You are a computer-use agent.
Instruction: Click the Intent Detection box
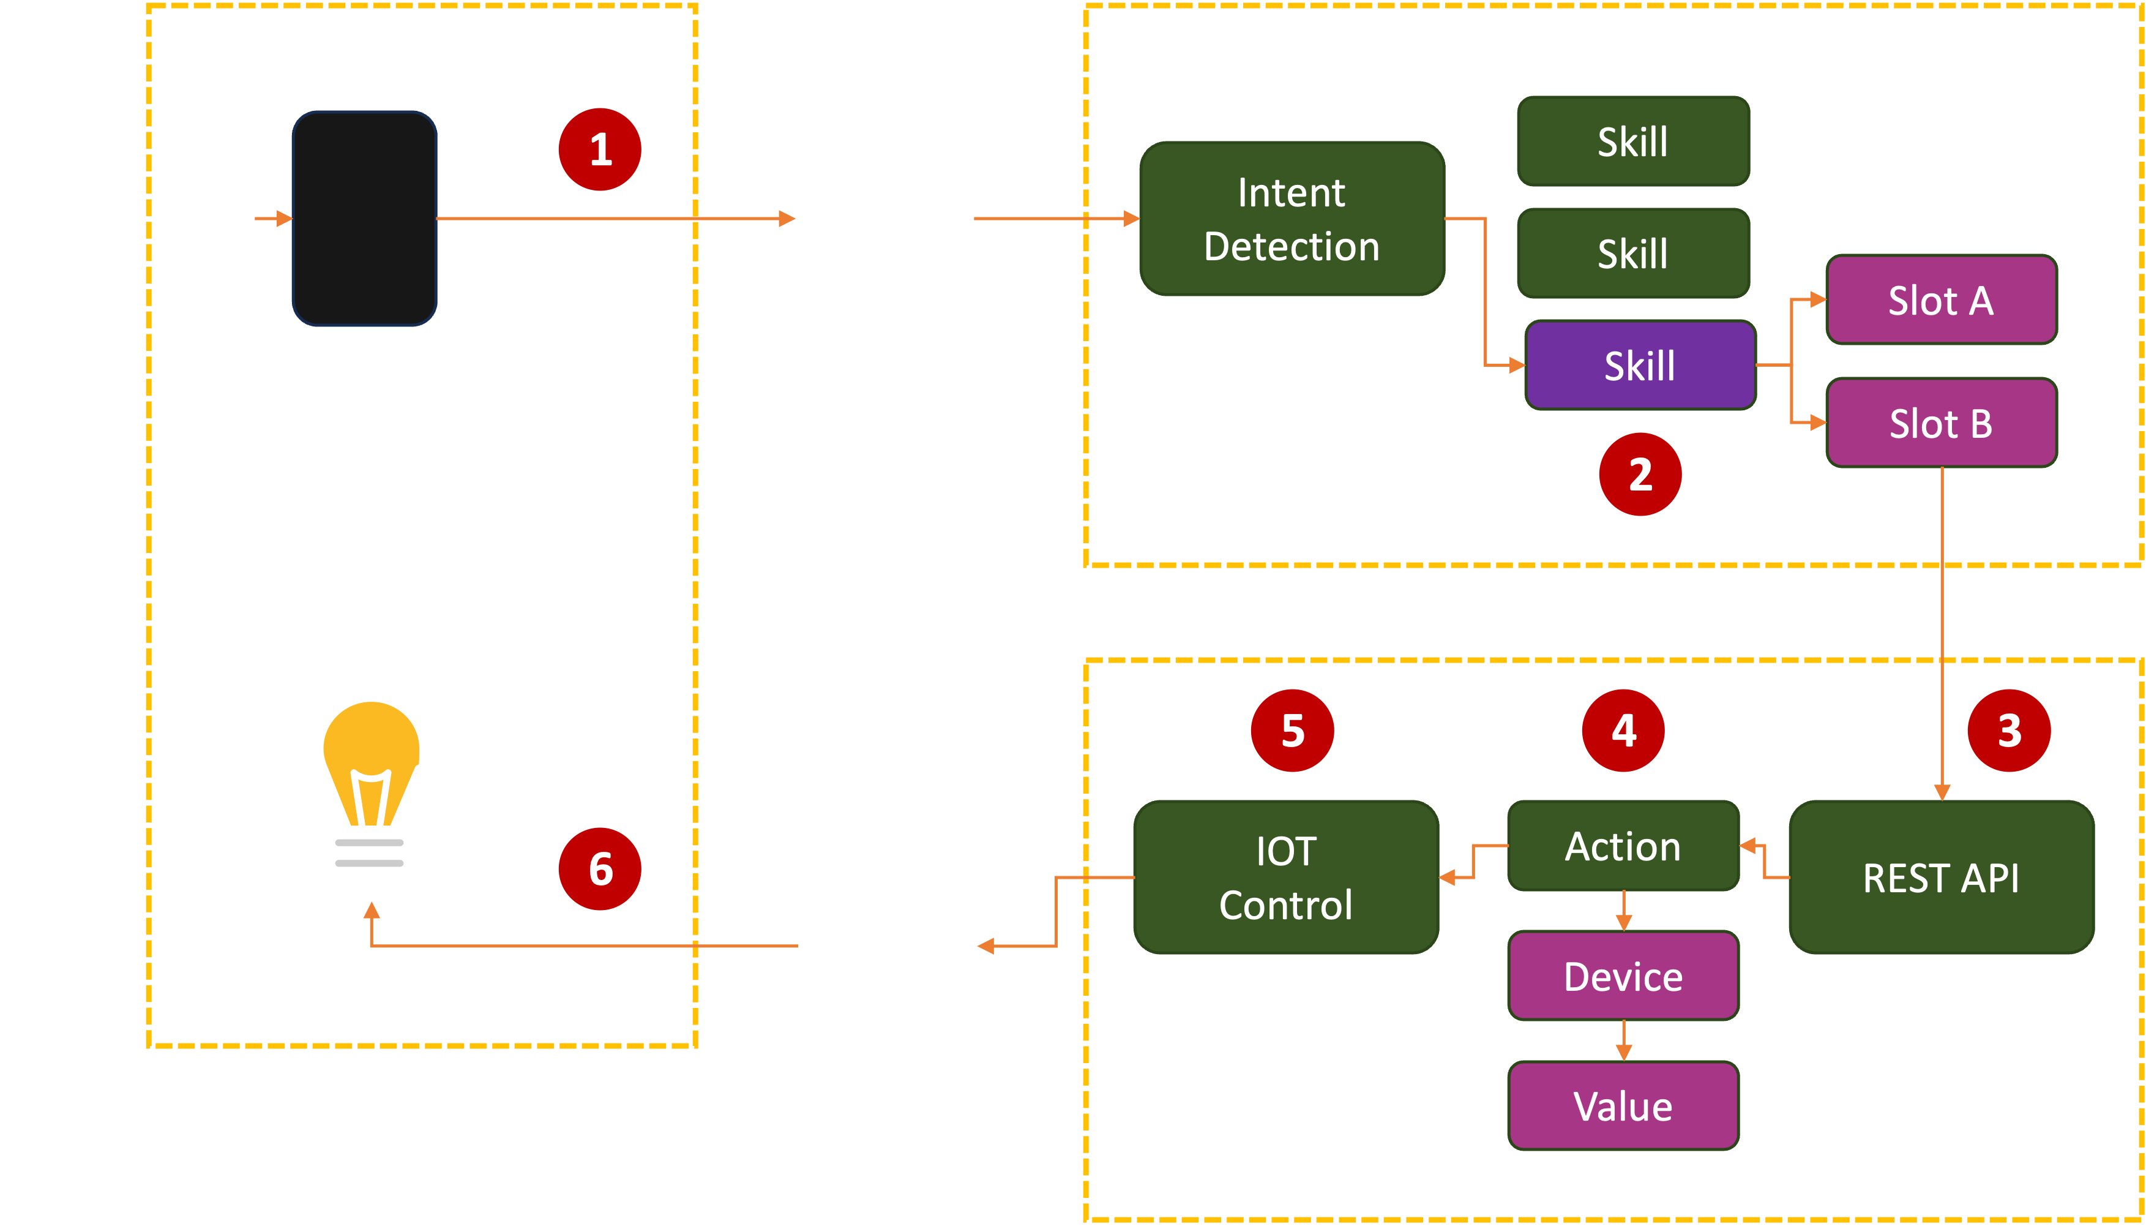[1291, 219]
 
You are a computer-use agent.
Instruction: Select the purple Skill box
[1639, 366]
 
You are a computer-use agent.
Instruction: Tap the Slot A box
[1941, 300]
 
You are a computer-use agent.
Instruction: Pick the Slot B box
[1941, 423]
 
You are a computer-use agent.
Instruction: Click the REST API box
[1941, 878]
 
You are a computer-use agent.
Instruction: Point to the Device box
[1623, 976]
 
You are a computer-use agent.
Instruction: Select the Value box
[1623, 1105]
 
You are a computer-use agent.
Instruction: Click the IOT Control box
[1286, 878]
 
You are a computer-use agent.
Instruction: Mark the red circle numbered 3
[2009, 730]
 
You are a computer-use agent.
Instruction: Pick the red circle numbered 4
[1623, 730]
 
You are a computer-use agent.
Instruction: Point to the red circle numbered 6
[600, 869]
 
